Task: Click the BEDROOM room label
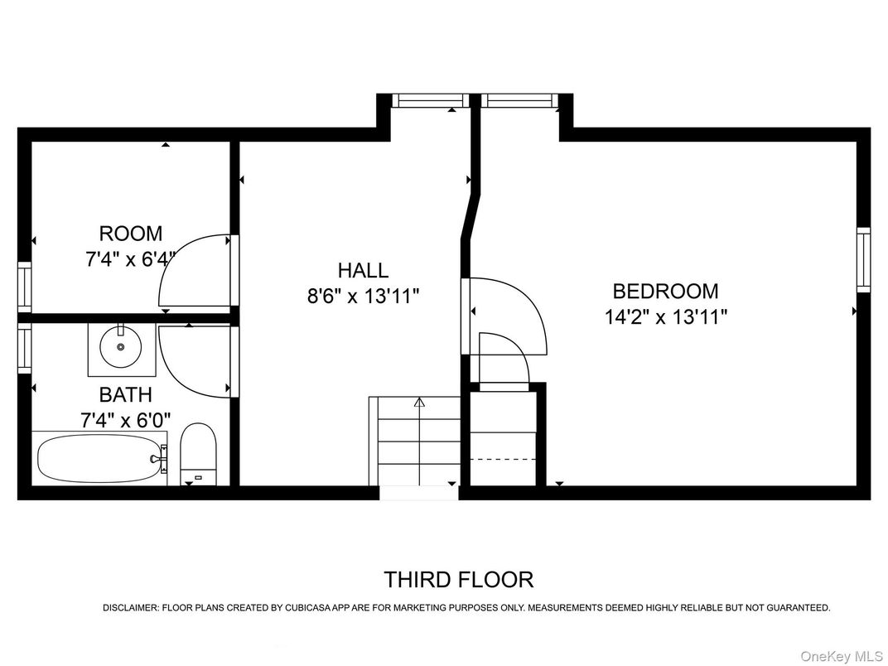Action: (x=665, y=292)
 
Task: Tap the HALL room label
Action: (x=363, y=270)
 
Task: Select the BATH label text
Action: (x=126, y=394)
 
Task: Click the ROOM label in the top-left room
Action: (x=131, y=234)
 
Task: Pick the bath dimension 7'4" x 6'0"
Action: (x=126, y=420)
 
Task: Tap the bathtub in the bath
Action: (x=99, y=458)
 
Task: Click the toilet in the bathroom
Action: (x=198, y=453)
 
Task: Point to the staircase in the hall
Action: (x=417, y=443)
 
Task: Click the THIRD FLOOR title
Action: (x=458, y=579)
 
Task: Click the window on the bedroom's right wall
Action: (x=863, y=258)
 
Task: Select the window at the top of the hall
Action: (x=427, y=101)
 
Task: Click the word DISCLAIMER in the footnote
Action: (x=129, y=608)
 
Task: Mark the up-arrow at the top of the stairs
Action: (x=419, y=403)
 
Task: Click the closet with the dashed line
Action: (x=504, y=439)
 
